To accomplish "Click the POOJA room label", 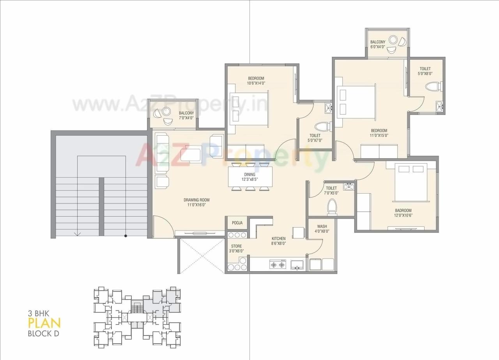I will (x=237, y=223).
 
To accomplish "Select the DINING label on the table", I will (x=249, y=175).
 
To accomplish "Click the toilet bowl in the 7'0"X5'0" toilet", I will (x=332, y=206).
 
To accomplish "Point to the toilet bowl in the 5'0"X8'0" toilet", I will (x=433, y=86).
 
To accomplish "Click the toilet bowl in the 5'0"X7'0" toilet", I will (x=322, y=126).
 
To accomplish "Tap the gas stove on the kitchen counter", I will (x=278, y=265).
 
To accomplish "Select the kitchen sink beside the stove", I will (x=297, y=265).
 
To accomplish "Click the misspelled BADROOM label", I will (x=403, y=210).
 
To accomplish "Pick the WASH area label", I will (x=322, y=226).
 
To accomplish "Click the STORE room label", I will (x=236, y=246).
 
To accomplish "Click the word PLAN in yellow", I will (x=44, y=323).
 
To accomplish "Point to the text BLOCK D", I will (x=43, y=334).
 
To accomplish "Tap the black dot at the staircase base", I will (x=126, y=236).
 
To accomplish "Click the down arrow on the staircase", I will (x=77, y=233).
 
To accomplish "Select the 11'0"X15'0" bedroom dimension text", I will (x=379, y=136).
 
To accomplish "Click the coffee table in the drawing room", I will (x=191, y=154).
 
